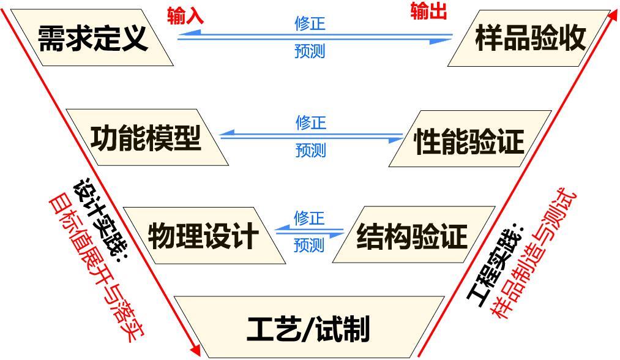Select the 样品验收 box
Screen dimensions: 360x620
coord(530,38)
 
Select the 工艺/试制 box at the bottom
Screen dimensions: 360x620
coord(309,328)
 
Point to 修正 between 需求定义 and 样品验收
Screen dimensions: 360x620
coord(310,24)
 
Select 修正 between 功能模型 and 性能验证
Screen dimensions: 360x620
coord(311,122)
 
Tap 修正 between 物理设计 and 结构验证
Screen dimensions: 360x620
coord(309,218)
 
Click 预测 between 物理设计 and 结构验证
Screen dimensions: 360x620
coord(309,246)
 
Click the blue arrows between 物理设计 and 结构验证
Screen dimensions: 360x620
coord(310,231)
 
